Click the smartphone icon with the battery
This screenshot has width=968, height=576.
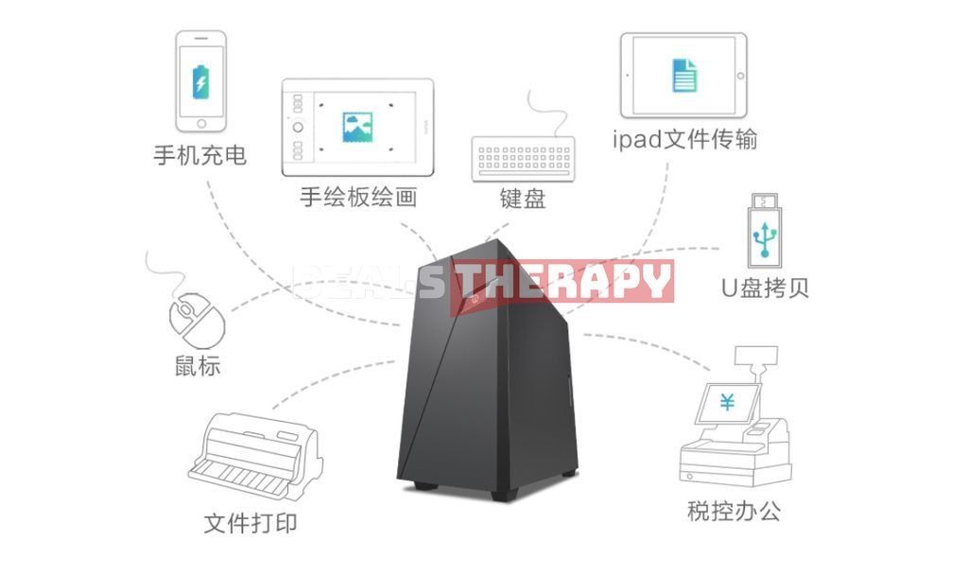200,81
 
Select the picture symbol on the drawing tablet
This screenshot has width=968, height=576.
357,127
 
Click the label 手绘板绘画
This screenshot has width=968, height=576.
358,198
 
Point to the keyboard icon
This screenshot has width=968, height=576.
523,157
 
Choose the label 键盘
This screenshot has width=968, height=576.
523,200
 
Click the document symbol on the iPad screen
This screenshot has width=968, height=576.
683,75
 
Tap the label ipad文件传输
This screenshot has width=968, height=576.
684,141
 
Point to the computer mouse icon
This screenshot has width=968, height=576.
197,319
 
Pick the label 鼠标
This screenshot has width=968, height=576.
198,366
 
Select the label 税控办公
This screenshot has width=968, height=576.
734,512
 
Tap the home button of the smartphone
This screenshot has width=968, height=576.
200,123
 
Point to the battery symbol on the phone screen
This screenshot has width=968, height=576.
200,80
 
